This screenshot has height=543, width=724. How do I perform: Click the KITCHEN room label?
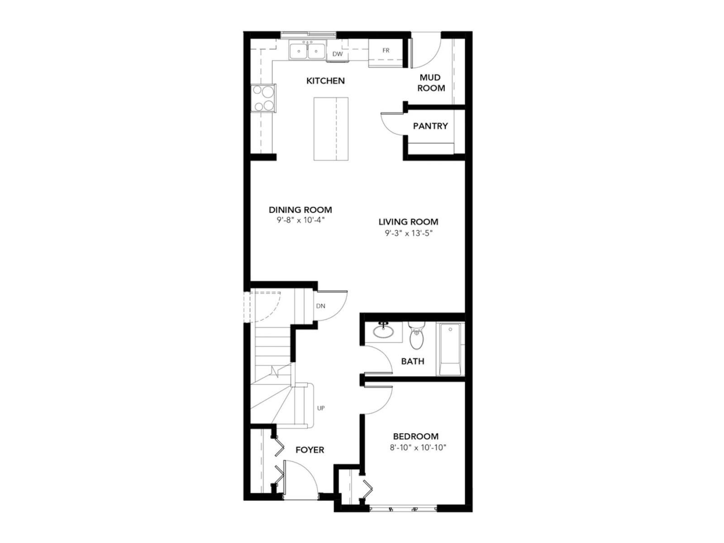click(325, 81)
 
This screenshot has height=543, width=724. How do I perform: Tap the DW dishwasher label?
click(338, 54)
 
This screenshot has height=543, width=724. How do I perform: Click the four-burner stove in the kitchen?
click(263, 98)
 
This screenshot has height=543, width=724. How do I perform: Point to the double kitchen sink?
click(307, 50)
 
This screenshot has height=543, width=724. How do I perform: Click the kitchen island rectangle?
click(331, 129)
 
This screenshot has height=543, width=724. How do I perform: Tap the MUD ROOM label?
click(430, 83)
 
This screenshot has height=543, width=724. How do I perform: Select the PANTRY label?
click(430, 126)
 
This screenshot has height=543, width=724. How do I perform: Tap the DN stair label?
click(320, 306)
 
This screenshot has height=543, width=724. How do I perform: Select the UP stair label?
click(321, 408)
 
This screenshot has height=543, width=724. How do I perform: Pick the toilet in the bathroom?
click(416, 336)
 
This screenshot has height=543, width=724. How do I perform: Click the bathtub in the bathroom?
click(451, 349)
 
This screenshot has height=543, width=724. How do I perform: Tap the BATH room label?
click(412, 361)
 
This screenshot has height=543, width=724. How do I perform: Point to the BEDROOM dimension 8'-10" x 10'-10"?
click(418, 448)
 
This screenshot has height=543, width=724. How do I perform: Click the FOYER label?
click(310, 450)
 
